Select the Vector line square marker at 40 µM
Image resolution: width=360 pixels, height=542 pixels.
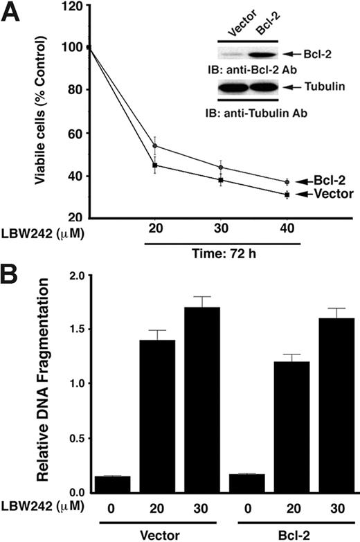(286, 195)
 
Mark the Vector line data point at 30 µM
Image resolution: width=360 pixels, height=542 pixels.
(221, 180)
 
